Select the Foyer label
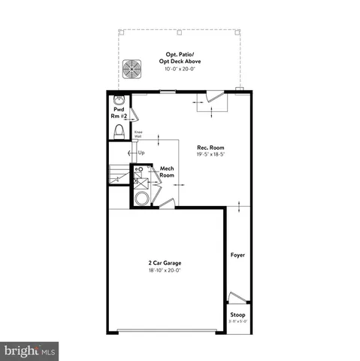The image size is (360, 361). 237,255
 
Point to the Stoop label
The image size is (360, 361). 237,314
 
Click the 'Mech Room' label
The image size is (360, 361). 167,171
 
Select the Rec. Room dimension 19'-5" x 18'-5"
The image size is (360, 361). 210,153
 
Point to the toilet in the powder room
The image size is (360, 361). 118,132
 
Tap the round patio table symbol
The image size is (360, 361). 133,67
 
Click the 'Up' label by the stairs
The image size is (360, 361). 141,153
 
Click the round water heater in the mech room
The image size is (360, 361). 141,199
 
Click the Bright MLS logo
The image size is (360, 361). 30,350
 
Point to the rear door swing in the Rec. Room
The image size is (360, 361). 213,98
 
